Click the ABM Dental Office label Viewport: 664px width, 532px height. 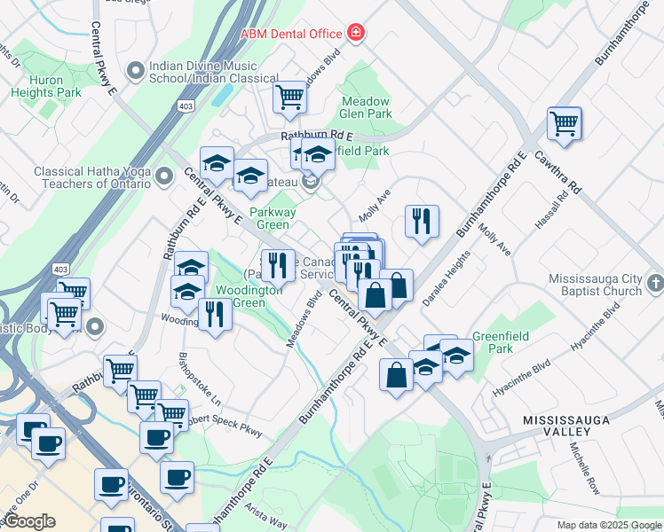coord(291,34)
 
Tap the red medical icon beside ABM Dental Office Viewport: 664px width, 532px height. coord(356,34)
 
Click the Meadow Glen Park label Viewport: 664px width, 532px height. coord(366,107)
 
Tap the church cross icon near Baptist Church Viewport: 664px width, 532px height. coord(655,284)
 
